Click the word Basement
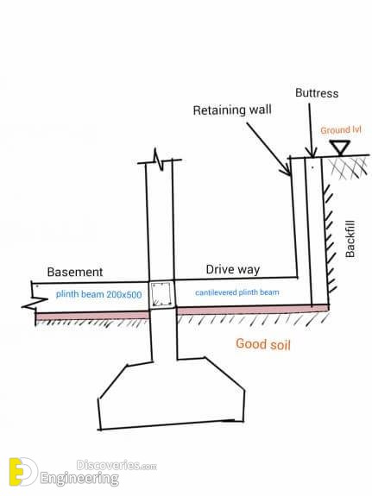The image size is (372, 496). (x=75, y=271)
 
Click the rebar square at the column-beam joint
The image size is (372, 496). (x=161, y=295)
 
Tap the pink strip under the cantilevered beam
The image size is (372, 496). (x=251, y=309)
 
